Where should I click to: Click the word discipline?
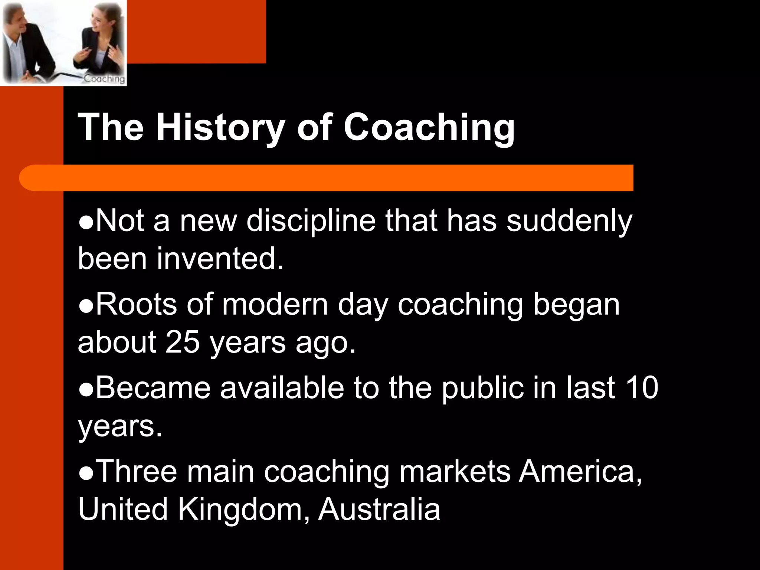tap(311, 221)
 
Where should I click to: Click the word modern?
tap(275, 304)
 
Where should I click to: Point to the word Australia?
tap(379, 509)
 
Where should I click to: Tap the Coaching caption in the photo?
tap(104, 79)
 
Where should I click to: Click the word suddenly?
tap(569, 221)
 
